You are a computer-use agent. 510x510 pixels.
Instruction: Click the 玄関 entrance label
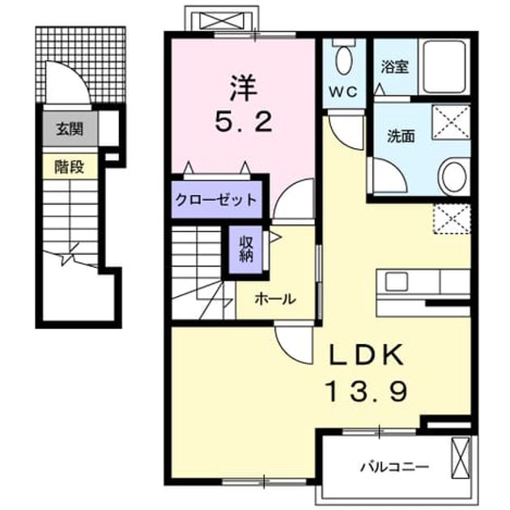(x=70, y=130)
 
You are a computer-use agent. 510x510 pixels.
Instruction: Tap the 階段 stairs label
(x=70, y=168)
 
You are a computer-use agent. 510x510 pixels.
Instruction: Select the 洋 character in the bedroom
(x=244, y=88)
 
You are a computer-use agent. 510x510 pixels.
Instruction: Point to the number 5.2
(x=243, y=121)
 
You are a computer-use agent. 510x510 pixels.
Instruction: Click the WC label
(x=342, y=92)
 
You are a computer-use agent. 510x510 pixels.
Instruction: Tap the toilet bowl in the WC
(x=344, y=60)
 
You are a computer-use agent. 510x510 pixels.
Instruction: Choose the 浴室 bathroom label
(x=395, y=66)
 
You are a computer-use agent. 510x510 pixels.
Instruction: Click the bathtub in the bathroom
(x=444, y=66)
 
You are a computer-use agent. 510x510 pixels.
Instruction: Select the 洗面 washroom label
(x=401, y=136)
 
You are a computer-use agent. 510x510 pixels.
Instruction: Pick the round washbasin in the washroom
(x=454, y=176)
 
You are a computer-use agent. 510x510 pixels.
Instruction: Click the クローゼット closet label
(x=216, y=200)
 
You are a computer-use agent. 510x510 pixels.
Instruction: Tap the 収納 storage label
(x=246, y=249)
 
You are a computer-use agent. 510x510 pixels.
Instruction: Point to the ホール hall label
(x=275, y=299)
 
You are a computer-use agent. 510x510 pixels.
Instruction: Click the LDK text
(x=367, y=355)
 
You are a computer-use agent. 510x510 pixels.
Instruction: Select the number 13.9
(x=367, y=391)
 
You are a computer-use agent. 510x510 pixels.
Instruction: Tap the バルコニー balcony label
(x=394, y=468)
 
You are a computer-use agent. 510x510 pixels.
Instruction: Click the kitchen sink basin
(x=396, y=282)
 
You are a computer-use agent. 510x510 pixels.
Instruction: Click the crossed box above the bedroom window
(x=222, y=20)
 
